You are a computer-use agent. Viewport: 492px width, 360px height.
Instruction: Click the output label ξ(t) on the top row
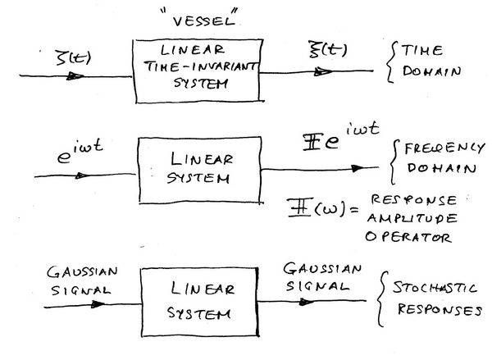(x=327, y=50)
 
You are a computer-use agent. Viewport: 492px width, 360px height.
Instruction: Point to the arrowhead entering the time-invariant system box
(x=75, y=76)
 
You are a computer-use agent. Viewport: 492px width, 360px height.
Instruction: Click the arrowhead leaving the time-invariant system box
(x=323, y=72)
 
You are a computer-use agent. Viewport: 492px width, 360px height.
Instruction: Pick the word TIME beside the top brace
(x=422, y=51)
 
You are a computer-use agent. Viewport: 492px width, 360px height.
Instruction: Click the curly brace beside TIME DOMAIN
(x=390, y=62)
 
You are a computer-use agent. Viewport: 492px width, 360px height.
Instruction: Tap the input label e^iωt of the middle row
(x=80, y=151)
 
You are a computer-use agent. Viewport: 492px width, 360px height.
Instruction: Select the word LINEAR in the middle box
(x=202, y=159)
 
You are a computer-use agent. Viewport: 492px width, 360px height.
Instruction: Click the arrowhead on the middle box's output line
(x=358, y=169)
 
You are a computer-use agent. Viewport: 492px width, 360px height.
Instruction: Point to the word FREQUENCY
(x=444, y=148)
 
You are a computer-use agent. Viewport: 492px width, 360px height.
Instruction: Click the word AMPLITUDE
(x=412, y=218)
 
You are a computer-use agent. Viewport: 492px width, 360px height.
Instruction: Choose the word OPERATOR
(x=408, y=237)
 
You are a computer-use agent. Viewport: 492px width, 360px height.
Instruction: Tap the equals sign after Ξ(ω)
(x=354, y=209)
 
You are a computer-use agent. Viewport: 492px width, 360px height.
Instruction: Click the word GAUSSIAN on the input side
(x=82, y=272)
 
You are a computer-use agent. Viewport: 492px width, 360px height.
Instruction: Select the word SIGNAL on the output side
(x=317, y=286)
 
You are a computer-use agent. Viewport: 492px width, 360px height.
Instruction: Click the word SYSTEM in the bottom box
(x=198, y=313)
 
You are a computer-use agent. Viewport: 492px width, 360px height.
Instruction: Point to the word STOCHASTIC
(x=435, y=288)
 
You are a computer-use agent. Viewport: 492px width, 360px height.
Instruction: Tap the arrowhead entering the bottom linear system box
(x=98, y=303)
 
